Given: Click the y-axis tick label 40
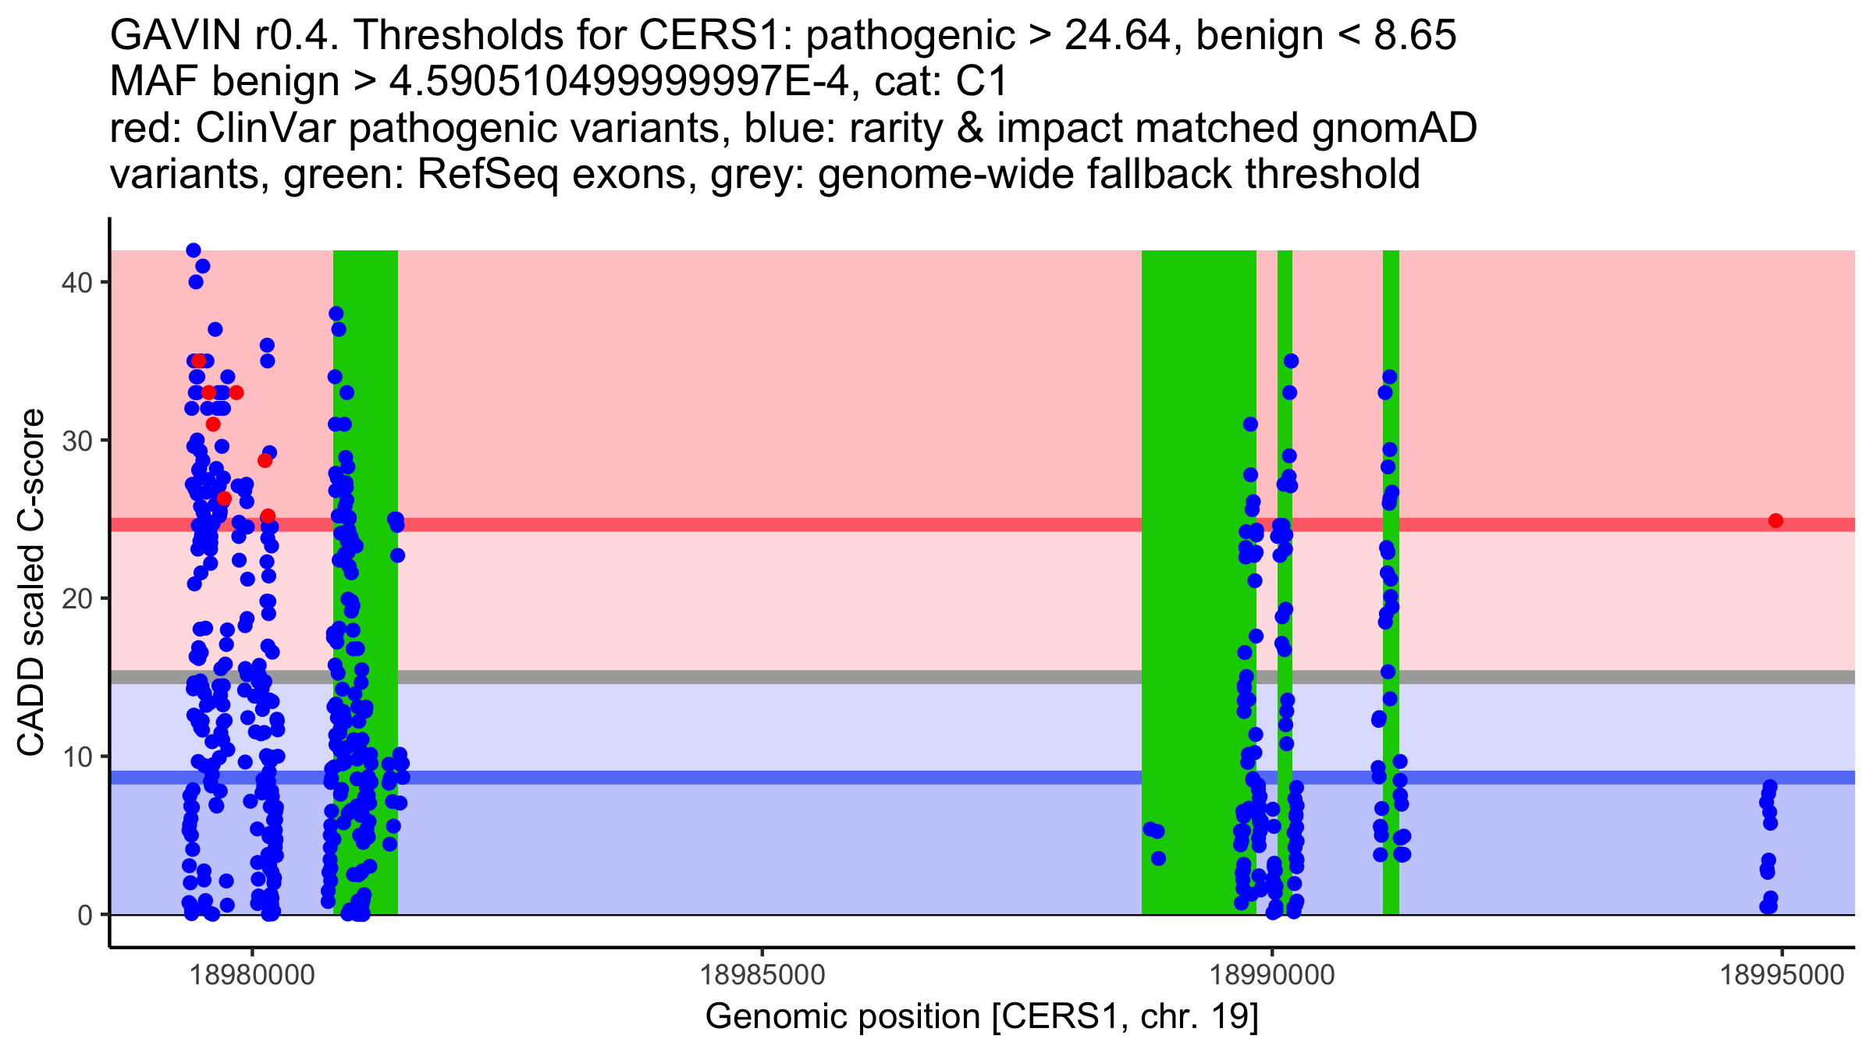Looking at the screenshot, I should (x=76, y=282).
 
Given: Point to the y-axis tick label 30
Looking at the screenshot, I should (x=76, y=441).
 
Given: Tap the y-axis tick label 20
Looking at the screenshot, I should (x=76, y=599).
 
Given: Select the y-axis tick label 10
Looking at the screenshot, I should (x=76, y=757).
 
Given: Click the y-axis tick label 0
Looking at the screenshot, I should (x=84, y=915).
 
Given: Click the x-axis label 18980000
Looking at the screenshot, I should (x=252, y=975).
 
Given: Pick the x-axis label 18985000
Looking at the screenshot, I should (x=762, y=975).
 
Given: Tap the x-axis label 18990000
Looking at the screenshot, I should (x=1272, y=975).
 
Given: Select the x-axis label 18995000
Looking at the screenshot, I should (x=1782, y=975).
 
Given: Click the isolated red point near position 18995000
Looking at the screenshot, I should (x=1775, y=520).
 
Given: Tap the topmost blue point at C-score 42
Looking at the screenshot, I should (x=194, y=250).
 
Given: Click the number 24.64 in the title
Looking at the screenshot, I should (x=1118, y=35).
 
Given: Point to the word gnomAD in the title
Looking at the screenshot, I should (x=1394, y=128).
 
